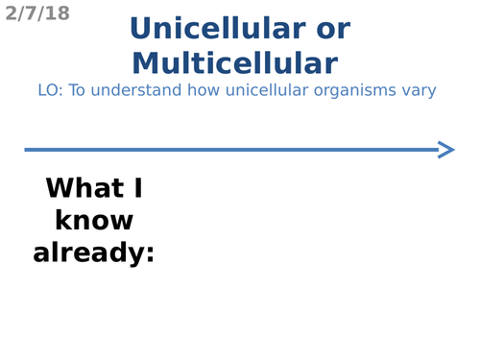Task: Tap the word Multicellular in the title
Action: click(235, 63)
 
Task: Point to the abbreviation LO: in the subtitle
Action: click(50, 90)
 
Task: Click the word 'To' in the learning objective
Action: click(78, 90)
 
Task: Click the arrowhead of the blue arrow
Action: click(446, 149)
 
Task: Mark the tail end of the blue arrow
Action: click(27, 149)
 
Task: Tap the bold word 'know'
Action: click(94, 221)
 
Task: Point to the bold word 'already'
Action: click(87, 253)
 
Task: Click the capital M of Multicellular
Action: click(145, 63)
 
